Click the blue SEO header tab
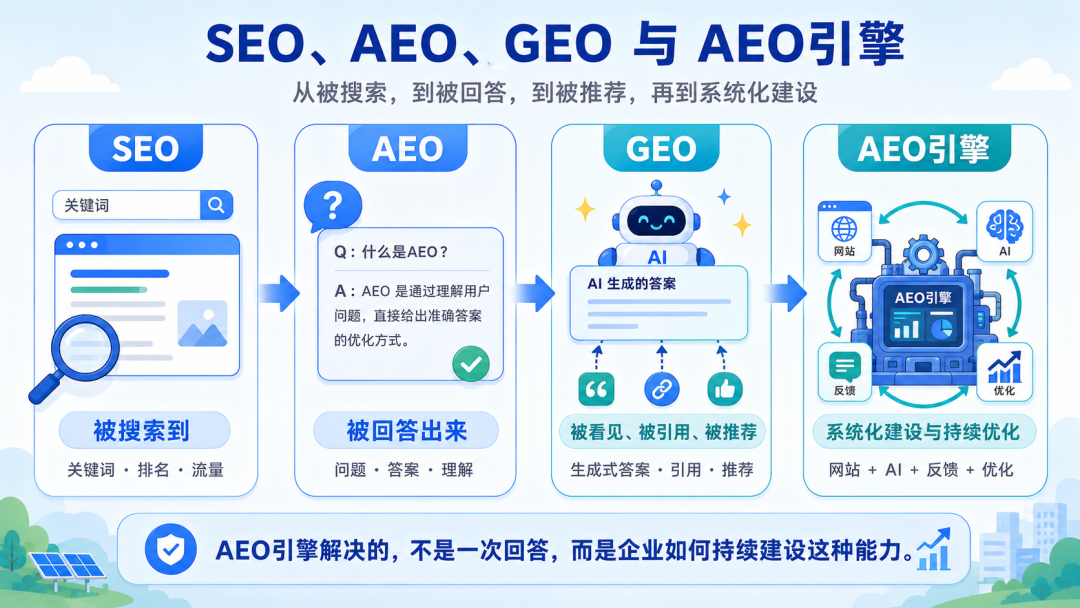click(145, 148)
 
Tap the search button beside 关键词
click(216, 205)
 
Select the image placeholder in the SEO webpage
click(202, 324)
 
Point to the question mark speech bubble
click(333, 206)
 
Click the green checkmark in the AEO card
click(471, 364)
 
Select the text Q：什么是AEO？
click(391, 252)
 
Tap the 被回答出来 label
click(406, 430)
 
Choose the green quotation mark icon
click(596, 390)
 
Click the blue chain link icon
click(661, 390)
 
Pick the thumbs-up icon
click(725, 390)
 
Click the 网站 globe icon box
click(844, 231)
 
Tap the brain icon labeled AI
click(1004, 231)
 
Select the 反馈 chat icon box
click(844, 372)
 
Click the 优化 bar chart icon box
click(1004, 372)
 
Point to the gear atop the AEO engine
click(922, 254)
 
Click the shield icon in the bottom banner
click(170, 549)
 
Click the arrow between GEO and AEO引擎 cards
click(785, 293)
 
